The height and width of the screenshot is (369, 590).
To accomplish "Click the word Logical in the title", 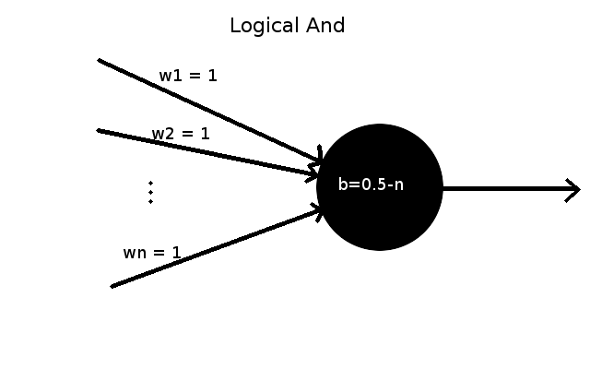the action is tap(264, 27).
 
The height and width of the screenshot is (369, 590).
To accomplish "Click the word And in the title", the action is tap(325, 26).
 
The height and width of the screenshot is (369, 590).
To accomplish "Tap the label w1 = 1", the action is tap(188, 76).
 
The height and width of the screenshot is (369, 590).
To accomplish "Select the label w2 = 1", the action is tap(181, 134).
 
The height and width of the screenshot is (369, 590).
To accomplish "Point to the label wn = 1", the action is tap(152, 253).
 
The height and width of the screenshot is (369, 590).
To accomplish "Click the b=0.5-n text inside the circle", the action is tap(371, 184).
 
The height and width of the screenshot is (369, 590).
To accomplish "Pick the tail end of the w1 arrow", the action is tap(99, 60).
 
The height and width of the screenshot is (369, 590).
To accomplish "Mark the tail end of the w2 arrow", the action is tap(99, 130).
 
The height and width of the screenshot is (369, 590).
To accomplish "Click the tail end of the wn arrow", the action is tap(112, 287).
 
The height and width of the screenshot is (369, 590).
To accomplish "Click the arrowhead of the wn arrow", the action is tap(319, 211).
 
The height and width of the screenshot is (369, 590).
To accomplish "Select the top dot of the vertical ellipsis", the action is tap(150, 184).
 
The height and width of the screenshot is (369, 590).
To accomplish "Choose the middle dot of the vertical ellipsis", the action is tap(150, 193).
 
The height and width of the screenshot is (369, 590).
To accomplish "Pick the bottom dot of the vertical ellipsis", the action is tap(150, 202).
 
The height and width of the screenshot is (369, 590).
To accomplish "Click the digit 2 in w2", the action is tap(168, 134).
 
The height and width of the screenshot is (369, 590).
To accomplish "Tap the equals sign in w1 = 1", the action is tap(195, 76).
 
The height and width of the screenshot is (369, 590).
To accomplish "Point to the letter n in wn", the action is tap(139, 254).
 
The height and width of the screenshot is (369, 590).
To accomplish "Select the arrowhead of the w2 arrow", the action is tap(313, 173).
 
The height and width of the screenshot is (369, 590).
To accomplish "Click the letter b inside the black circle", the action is tap(342, 184).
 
